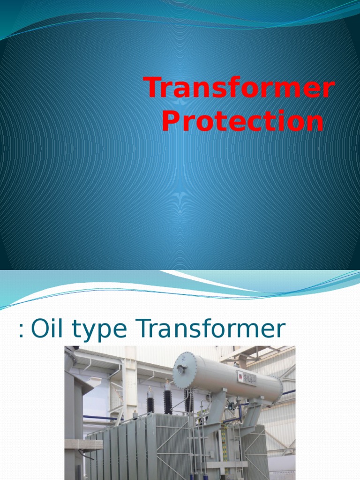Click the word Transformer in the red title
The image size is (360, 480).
[x=239, y=88]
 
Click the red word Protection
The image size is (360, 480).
[x=242, y=121]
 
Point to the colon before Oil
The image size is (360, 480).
[x=21, y=331]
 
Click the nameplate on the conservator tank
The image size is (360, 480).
[x=247, y=378]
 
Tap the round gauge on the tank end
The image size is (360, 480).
[x=181, y=369]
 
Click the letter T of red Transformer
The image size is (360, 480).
[x=154, y=88]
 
